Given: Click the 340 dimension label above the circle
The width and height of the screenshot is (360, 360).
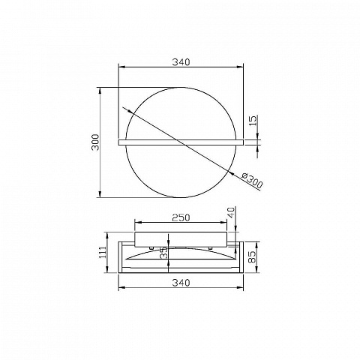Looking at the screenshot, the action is [181, 61].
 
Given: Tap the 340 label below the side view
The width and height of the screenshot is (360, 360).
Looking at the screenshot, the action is [181, 283].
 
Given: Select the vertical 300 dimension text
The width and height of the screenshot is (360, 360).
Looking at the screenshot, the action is [95, 142].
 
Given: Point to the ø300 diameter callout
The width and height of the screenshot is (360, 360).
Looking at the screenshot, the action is [253, 181].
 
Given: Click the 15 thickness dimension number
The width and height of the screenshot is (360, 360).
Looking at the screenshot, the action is [253, 121].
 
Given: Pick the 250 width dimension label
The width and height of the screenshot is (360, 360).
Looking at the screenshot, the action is [181, 217].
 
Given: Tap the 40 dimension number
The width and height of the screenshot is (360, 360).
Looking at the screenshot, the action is [232, 212].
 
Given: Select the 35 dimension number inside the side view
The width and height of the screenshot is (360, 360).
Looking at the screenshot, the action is [163, 253].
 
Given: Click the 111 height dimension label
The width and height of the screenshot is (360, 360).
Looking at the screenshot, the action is [103, 252].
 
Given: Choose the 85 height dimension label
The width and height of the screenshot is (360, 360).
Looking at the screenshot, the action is [253, 257].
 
